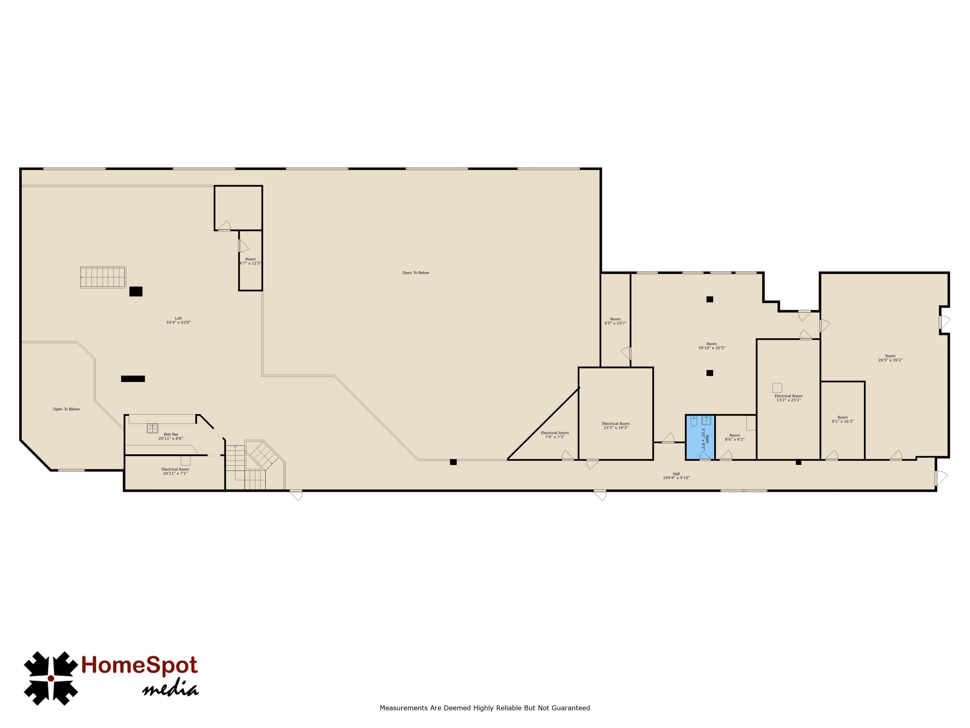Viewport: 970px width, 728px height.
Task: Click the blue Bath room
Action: point(700,437)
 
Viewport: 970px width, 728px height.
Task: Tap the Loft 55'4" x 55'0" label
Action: point(178,320)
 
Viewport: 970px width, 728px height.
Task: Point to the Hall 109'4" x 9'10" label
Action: point(676,476)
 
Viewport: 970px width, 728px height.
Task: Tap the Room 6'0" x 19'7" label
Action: point(615,321)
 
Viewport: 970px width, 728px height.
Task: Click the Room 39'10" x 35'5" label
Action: point(712,346)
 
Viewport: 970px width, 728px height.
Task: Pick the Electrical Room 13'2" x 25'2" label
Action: point(788,398)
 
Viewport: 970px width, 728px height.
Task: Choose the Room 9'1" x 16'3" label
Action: point(842,420)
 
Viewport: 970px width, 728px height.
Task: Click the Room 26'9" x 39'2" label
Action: point(890,358)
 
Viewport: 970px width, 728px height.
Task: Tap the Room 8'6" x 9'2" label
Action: point(735,437)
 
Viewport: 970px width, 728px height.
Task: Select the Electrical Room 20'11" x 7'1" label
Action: point(175,471)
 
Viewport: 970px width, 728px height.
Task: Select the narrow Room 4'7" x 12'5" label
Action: point(251,261)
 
